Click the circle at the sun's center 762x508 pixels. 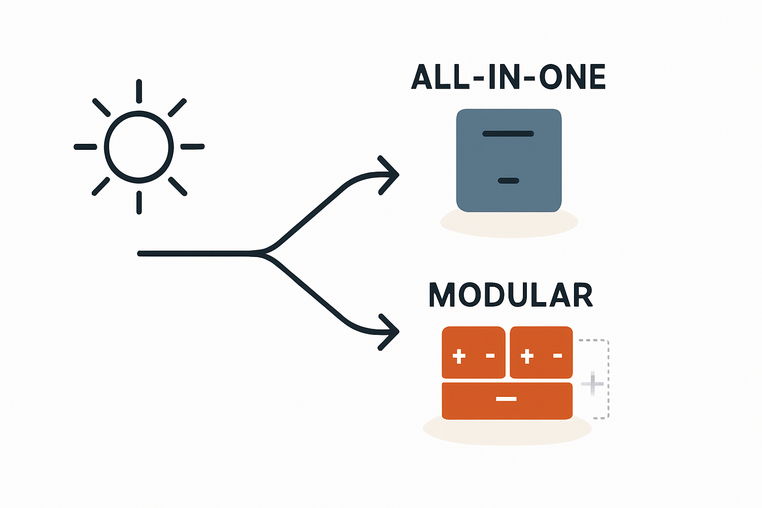click(139, 147)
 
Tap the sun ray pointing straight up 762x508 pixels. click(139, 91)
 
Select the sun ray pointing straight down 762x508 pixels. click(139, 202)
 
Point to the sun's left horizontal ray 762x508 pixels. click(85, 147)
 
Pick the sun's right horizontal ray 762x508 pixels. click(192, 146)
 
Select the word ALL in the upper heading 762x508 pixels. click(440, 77)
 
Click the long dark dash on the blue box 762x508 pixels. click(508, 133)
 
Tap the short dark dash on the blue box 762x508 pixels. click(508, 181)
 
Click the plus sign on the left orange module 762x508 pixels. click(459, 356)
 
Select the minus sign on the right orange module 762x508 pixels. click(558, 355)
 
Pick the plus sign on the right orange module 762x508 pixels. click(527, 356)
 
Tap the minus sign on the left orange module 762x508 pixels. click(490, 355)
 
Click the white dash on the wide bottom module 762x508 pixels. click(506, 399)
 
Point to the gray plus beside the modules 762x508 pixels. click(592, 383)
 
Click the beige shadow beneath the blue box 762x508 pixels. click(509, 226)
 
